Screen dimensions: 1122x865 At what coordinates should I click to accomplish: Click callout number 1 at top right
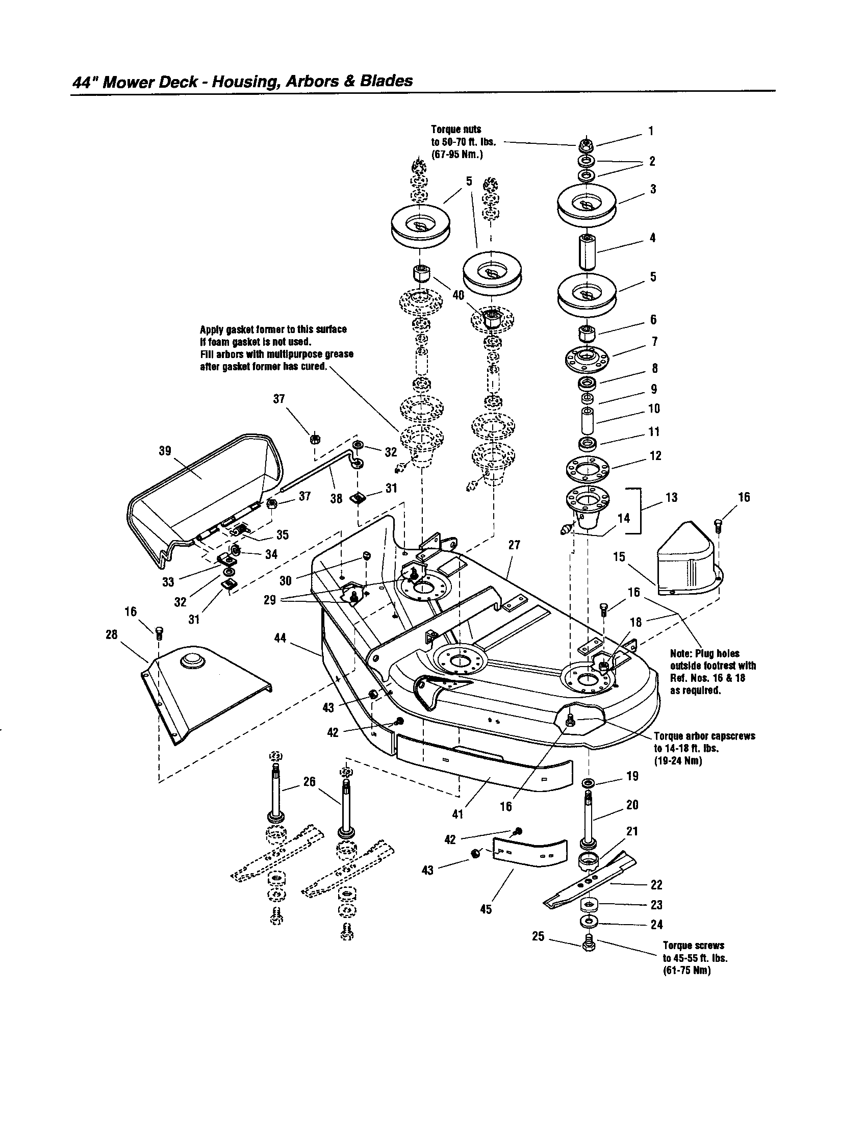(650, 131)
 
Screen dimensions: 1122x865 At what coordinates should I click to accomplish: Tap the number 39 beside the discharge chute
(165, 450)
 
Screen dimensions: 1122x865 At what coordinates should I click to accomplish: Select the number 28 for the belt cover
(112, 634)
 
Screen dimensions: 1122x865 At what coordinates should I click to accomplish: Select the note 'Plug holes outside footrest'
(712, 672)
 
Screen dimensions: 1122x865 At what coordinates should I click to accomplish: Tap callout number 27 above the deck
(514, 545)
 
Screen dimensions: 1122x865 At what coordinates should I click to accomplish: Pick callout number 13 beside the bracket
(671, 497)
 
